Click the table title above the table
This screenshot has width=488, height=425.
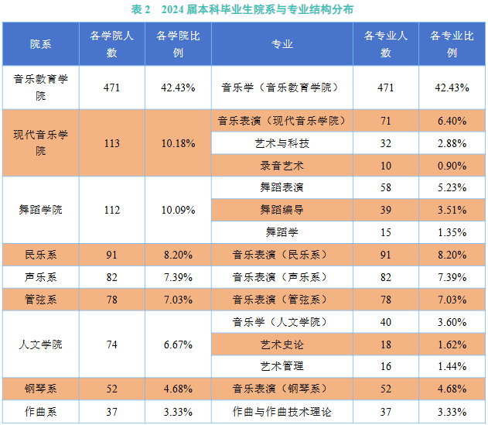coord(243,9)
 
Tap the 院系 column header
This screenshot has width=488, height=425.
coord(41,44)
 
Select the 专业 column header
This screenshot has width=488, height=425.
coord(282,44)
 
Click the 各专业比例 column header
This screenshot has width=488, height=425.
coord(452,44)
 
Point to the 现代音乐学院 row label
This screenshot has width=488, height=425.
coord(41,142)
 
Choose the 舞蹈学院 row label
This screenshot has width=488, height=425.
coord(41,210)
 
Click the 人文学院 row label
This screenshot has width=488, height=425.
coord(41,344)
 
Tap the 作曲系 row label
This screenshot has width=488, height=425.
coord(41,412)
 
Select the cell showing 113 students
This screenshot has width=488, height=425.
coord(111,142)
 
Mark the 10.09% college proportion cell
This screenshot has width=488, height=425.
coord(178,210)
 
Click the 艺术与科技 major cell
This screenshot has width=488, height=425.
coord(282,143)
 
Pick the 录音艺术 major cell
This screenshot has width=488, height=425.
coord(282,166)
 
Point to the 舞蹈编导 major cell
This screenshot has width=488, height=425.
coord(282,210)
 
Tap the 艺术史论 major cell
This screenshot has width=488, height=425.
coord(282,344)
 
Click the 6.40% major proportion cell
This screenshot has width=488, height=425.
coord(452,121)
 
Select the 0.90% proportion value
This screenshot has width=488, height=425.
coord(452,166)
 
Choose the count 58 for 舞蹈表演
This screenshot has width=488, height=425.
coord(386,187)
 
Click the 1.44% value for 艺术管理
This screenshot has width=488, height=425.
coord(452,366)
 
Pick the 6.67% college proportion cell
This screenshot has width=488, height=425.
coord(178,344)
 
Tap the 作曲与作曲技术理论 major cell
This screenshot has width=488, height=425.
coord(282,412)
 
